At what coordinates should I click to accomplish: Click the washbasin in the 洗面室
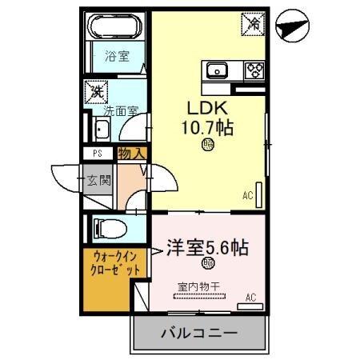[x=102, y=130]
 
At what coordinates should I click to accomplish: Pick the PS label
[x=97, y=152]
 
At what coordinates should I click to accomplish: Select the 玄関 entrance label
[x=99, y=177]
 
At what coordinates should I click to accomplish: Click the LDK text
[x=207, y=107]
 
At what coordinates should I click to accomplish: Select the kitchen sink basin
[x=218, y=70]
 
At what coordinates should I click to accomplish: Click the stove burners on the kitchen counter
[x=254, y=70]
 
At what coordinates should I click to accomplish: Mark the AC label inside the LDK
[x=247, y=194]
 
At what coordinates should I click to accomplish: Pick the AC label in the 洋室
[x=250, y=298]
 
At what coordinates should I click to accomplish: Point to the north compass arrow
[x=291, y=27]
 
